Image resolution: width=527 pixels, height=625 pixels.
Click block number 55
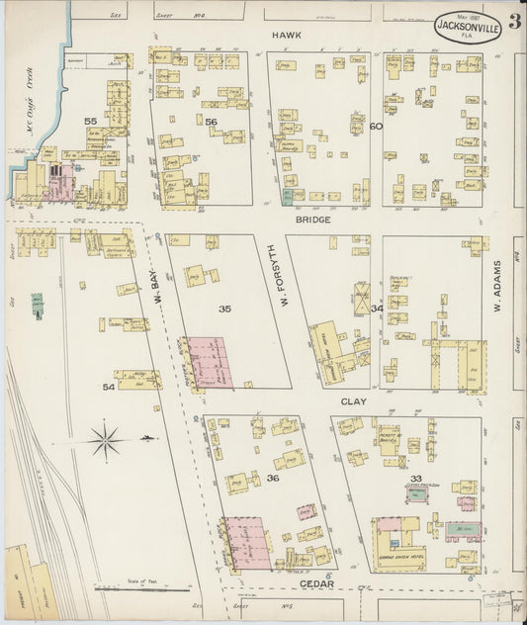coord(91,121)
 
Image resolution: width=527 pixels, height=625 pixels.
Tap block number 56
coord(210,122)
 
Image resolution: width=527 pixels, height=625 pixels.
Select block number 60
coord(376,127)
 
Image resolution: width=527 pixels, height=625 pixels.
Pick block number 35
coord(225,310)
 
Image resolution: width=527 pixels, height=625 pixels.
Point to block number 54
coord(109,387)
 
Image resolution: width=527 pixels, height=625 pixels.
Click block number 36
coord(273,479)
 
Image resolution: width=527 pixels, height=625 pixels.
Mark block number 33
coord(416,479)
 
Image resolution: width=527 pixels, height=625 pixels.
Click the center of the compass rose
coord(107,439)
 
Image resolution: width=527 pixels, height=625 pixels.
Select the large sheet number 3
coord(514,22)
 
